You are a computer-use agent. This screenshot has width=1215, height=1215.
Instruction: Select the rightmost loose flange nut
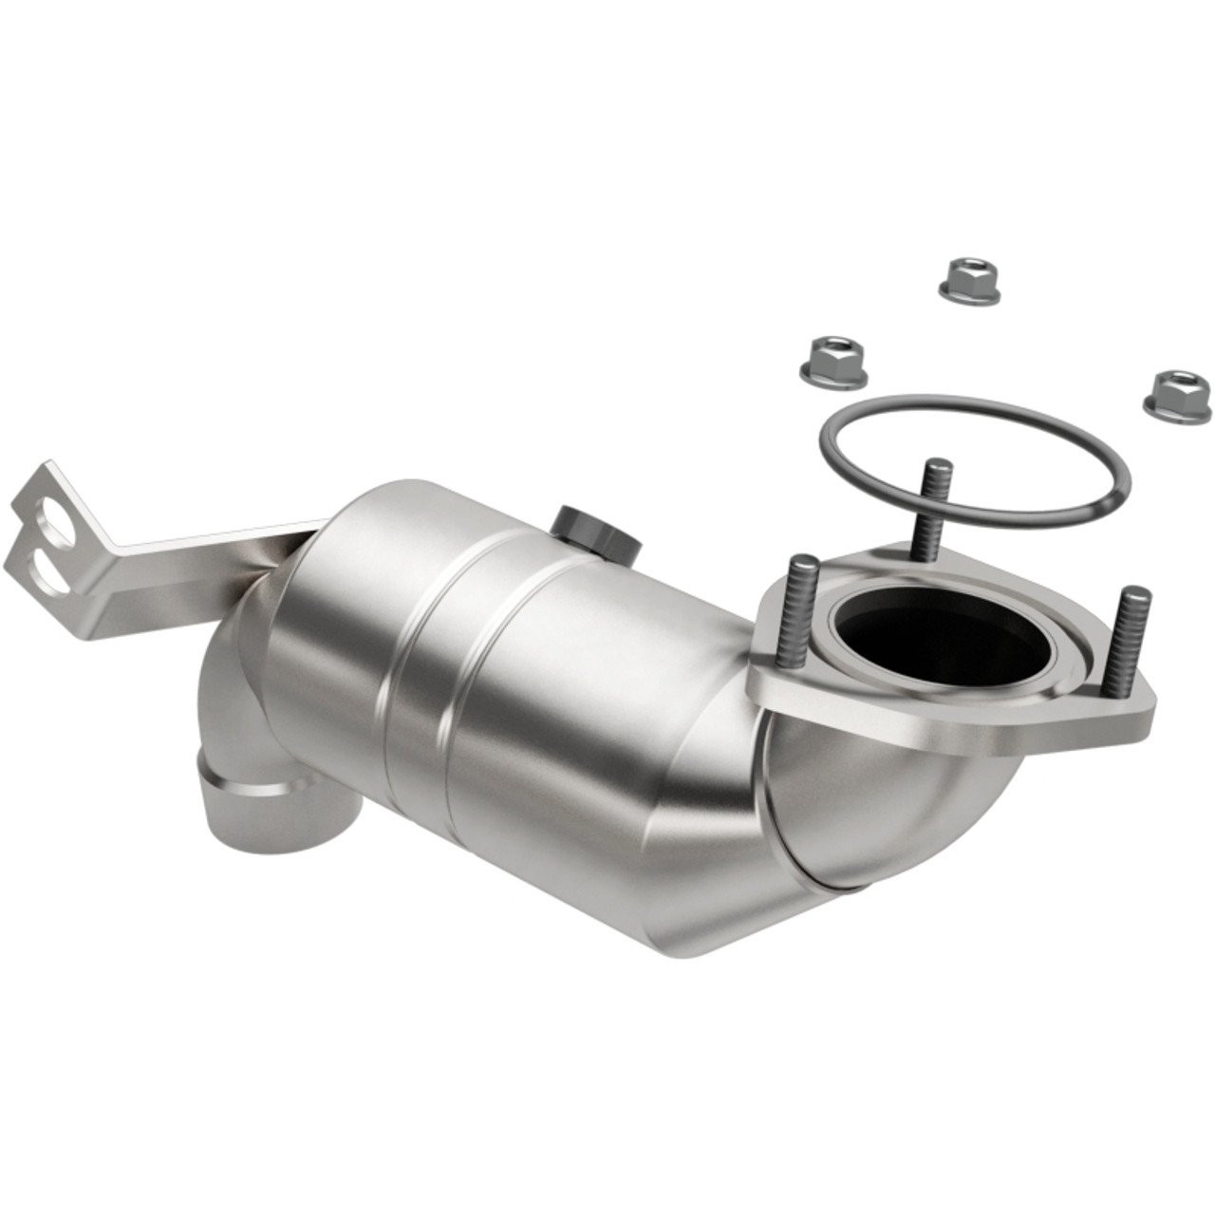point(1175,391)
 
